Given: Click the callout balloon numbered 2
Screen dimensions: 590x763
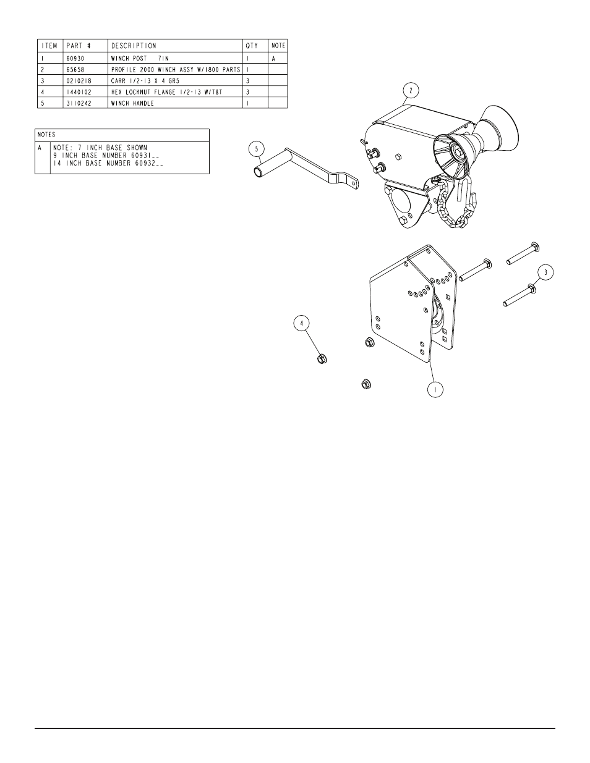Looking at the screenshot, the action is click(411, 91).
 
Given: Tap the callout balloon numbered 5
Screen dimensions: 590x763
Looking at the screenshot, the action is click(257, 150).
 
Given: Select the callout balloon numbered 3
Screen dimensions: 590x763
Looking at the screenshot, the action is click(545, 272).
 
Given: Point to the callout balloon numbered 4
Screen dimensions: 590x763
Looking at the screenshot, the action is click(302, 323).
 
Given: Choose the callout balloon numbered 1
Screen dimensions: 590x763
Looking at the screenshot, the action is click(435, 389).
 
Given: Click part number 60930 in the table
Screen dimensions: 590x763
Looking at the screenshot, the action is click(75, 58).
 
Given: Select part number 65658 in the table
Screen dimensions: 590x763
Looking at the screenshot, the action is click(75, 70).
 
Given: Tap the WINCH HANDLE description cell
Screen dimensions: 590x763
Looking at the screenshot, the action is click(132, 103).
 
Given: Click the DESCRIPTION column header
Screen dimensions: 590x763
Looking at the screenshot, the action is click(134, 46).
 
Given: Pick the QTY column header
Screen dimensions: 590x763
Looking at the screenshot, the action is click(252, 46).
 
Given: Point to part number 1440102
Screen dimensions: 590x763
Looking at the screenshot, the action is click(79, 92).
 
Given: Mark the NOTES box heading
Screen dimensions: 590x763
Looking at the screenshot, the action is click(46, 135).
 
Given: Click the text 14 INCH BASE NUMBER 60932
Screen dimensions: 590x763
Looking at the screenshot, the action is click(108, 163).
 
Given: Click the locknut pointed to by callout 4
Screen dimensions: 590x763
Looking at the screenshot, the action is click(322, 359).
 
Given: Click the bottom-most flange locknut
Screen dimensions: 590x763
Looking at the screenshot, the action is click(367, 384).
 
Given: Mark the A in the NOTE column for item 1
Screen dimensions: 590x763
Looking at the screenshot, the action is click(273, 59).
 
